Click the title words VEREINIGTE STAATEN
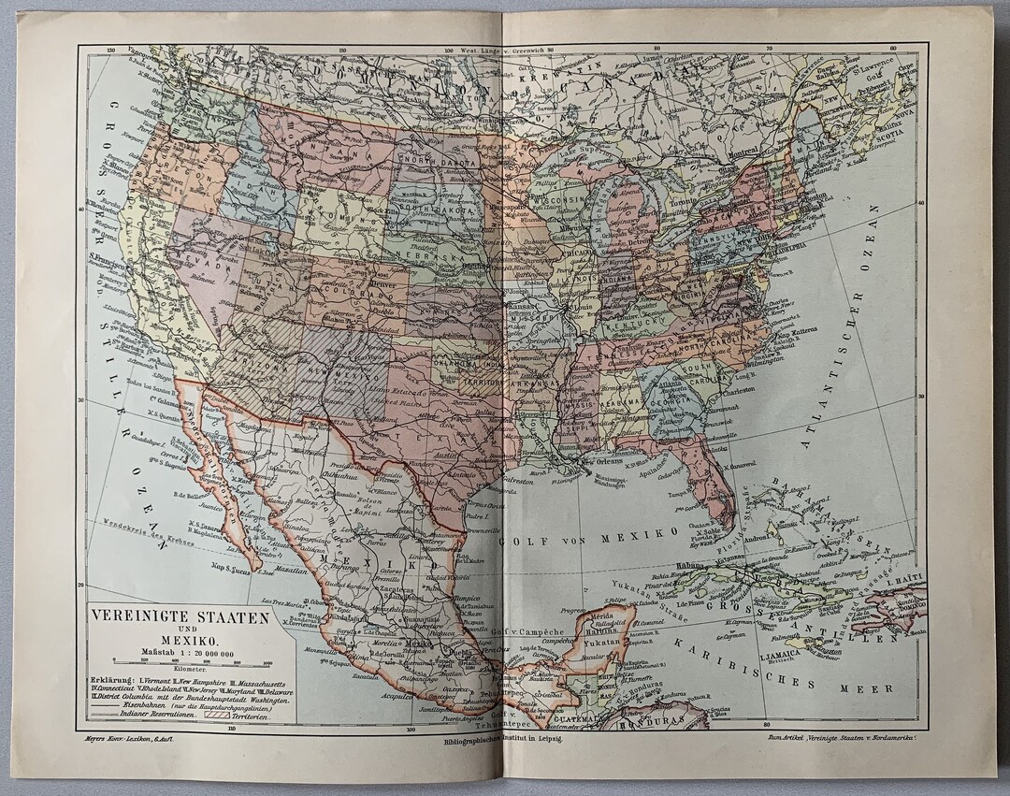[179, 618]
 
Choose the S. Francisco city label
[108, 257]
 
